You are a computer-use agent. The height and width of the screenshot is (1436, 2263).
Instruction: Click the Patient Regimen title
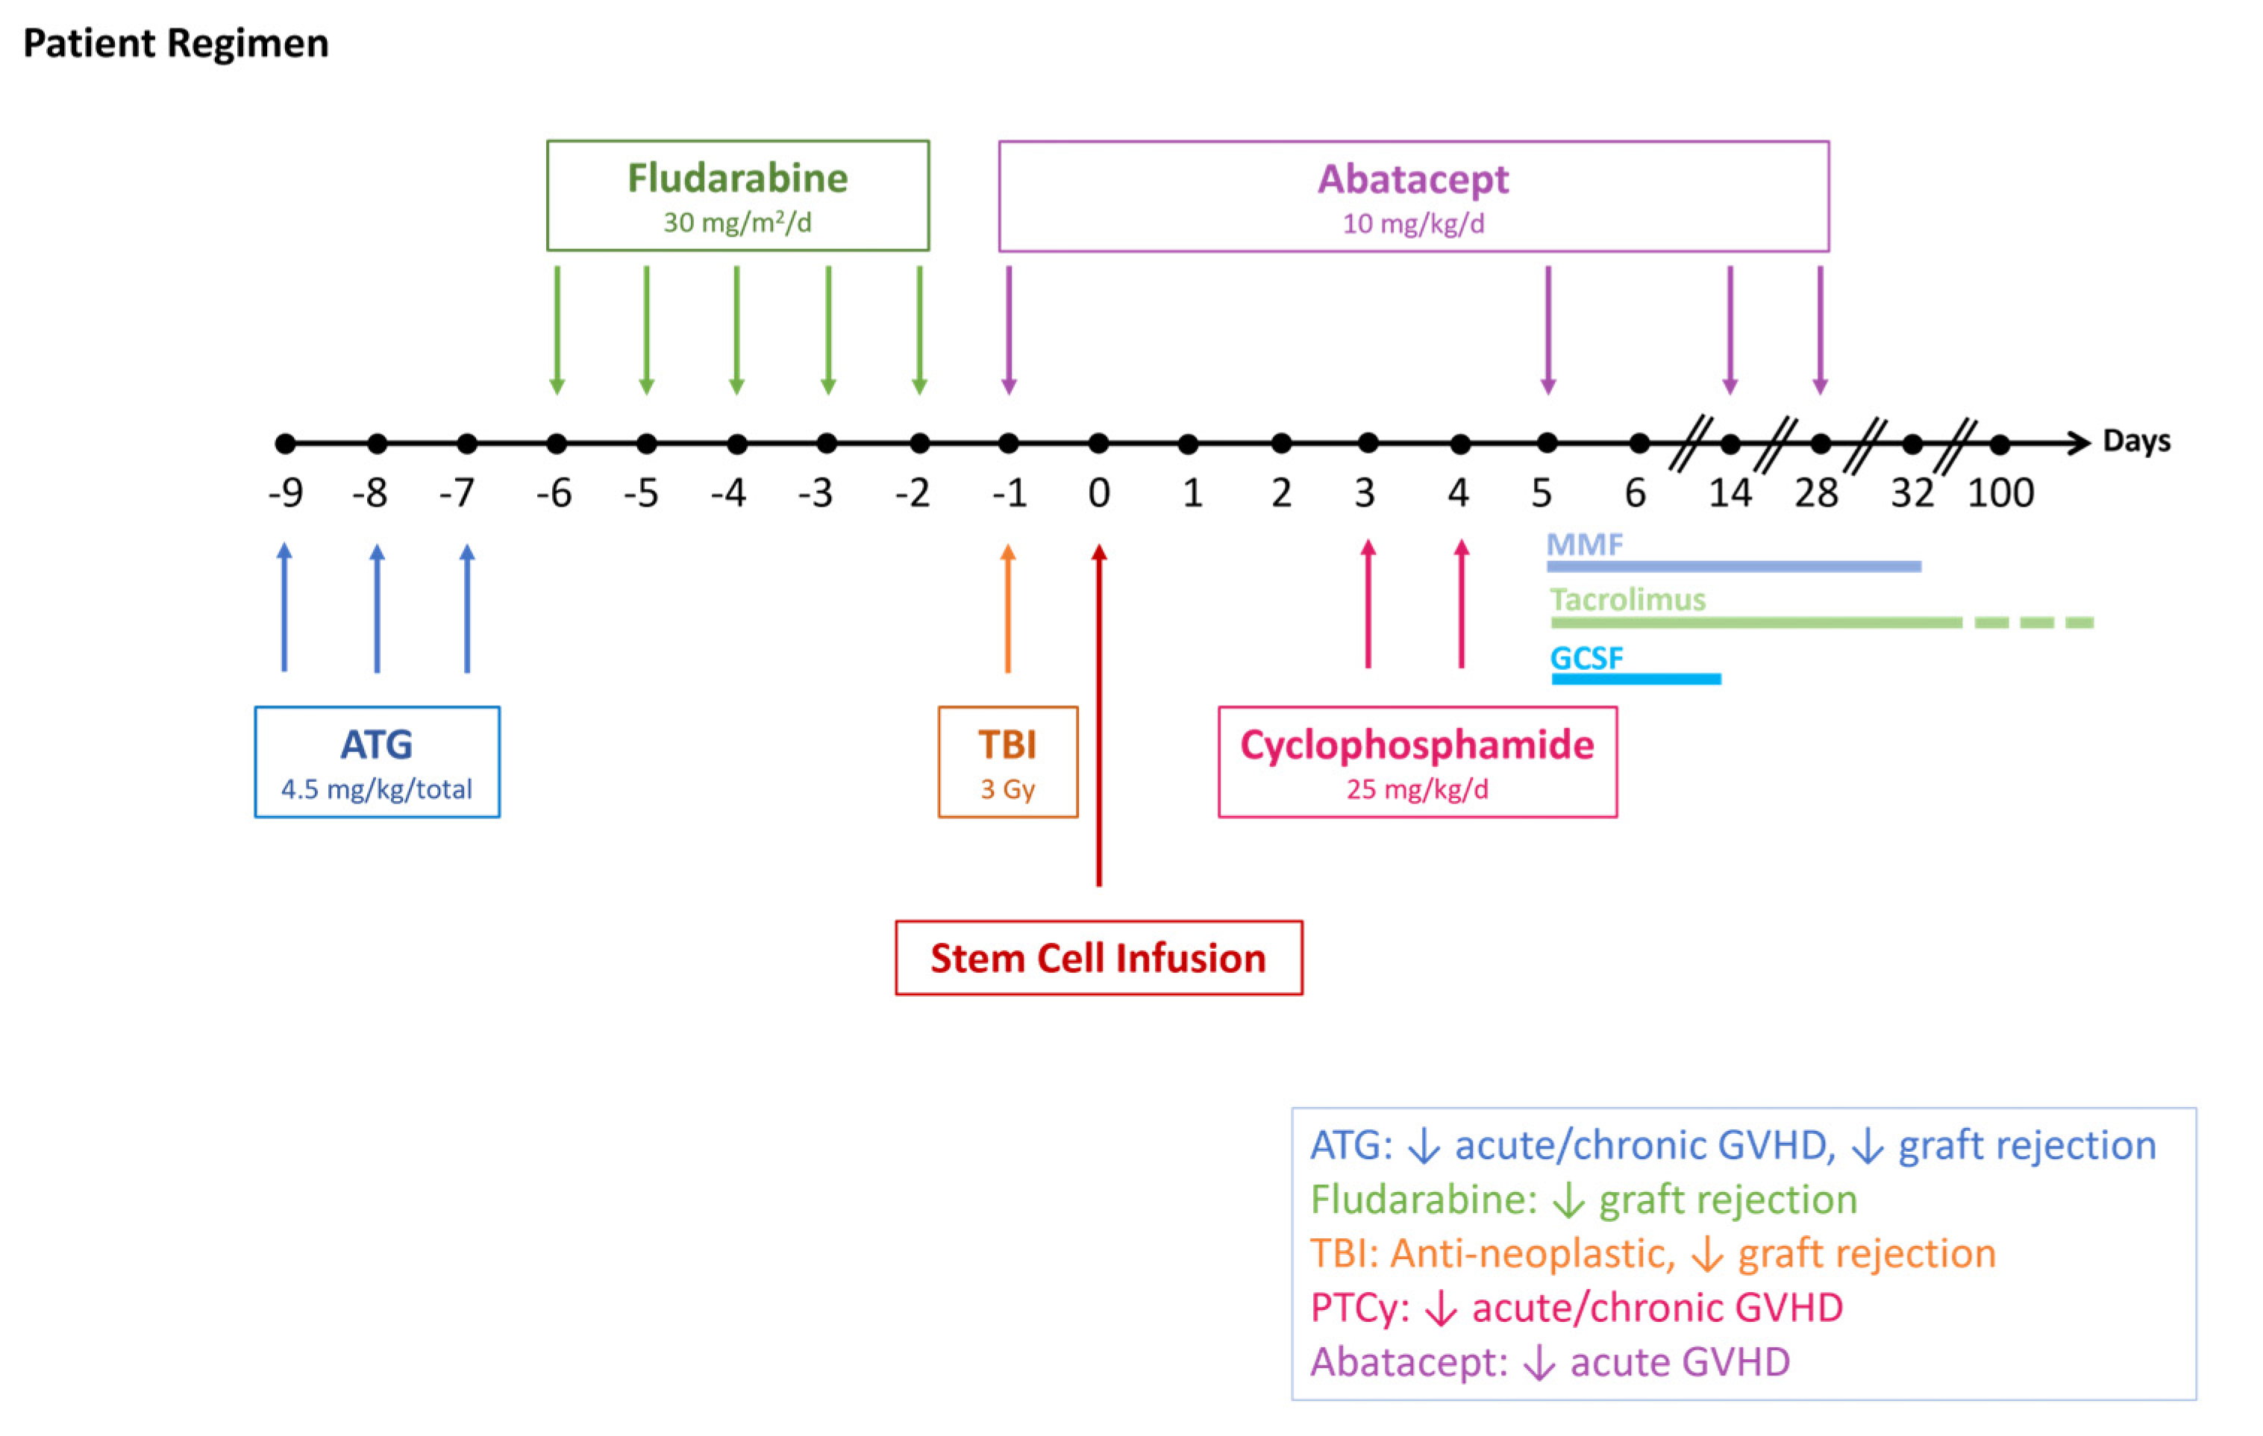[176, 43]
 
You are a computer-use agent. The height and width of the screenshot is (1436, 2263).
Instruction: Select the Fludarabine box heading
[738, 178]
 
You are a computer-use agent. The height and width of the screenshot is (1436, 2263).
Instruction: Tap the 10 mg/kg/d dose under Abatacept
[1413, 224]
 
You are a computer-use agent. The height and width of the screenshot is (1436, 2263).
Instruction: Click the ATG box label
[376, 744]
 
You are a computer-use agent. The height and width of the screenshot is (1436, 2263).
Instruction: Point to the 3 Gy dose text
[1007, 788]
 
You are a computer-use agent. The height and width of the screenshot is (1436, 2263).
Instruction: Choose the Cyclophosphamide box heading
[1417, 744]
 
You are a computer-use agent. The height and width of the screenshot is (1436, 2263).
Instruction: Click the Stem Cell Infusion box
[1098, 958]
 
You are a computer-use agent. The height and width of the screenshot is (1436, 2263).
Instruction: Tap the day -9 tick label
[286, 492]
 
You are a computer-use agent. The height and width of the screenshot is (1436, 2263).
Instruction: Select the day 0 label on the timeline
[1098, 492]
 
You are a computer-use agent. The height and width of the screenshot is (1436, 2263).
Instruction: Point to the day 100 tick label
[2000, 492]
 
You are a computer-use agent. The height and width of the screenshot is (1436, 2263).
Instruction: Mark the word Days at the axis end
[2136, 441]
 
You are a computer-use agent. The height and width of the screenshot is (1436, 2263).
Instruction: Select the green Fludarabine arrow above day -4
[736, 329]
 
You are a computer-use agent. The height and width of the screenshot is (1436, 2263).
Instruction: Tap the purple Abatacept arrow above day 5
[1547, 329]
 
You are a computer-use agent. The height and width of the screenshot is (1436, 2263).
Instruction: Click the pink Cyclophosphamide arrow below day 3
[1368, 606]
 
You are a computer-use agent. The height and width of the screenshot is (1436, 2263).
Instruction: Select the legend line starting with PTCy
[1576, 1307]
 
